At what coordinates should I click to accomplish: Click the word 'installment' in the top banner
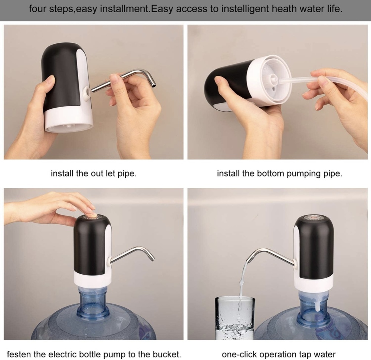(124, 9)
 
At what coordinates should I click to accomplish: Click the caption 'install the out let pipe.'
(93, 173)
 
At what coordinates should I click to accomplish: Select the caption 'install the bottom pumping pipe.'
(279, 173)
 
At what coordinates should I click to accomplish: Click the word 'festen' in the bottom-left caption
(19, 354)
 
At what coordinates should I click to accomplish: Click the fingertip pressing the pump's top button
(91, 215)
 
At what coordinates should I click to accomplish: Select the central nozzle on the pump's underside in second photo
(273, 79)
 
